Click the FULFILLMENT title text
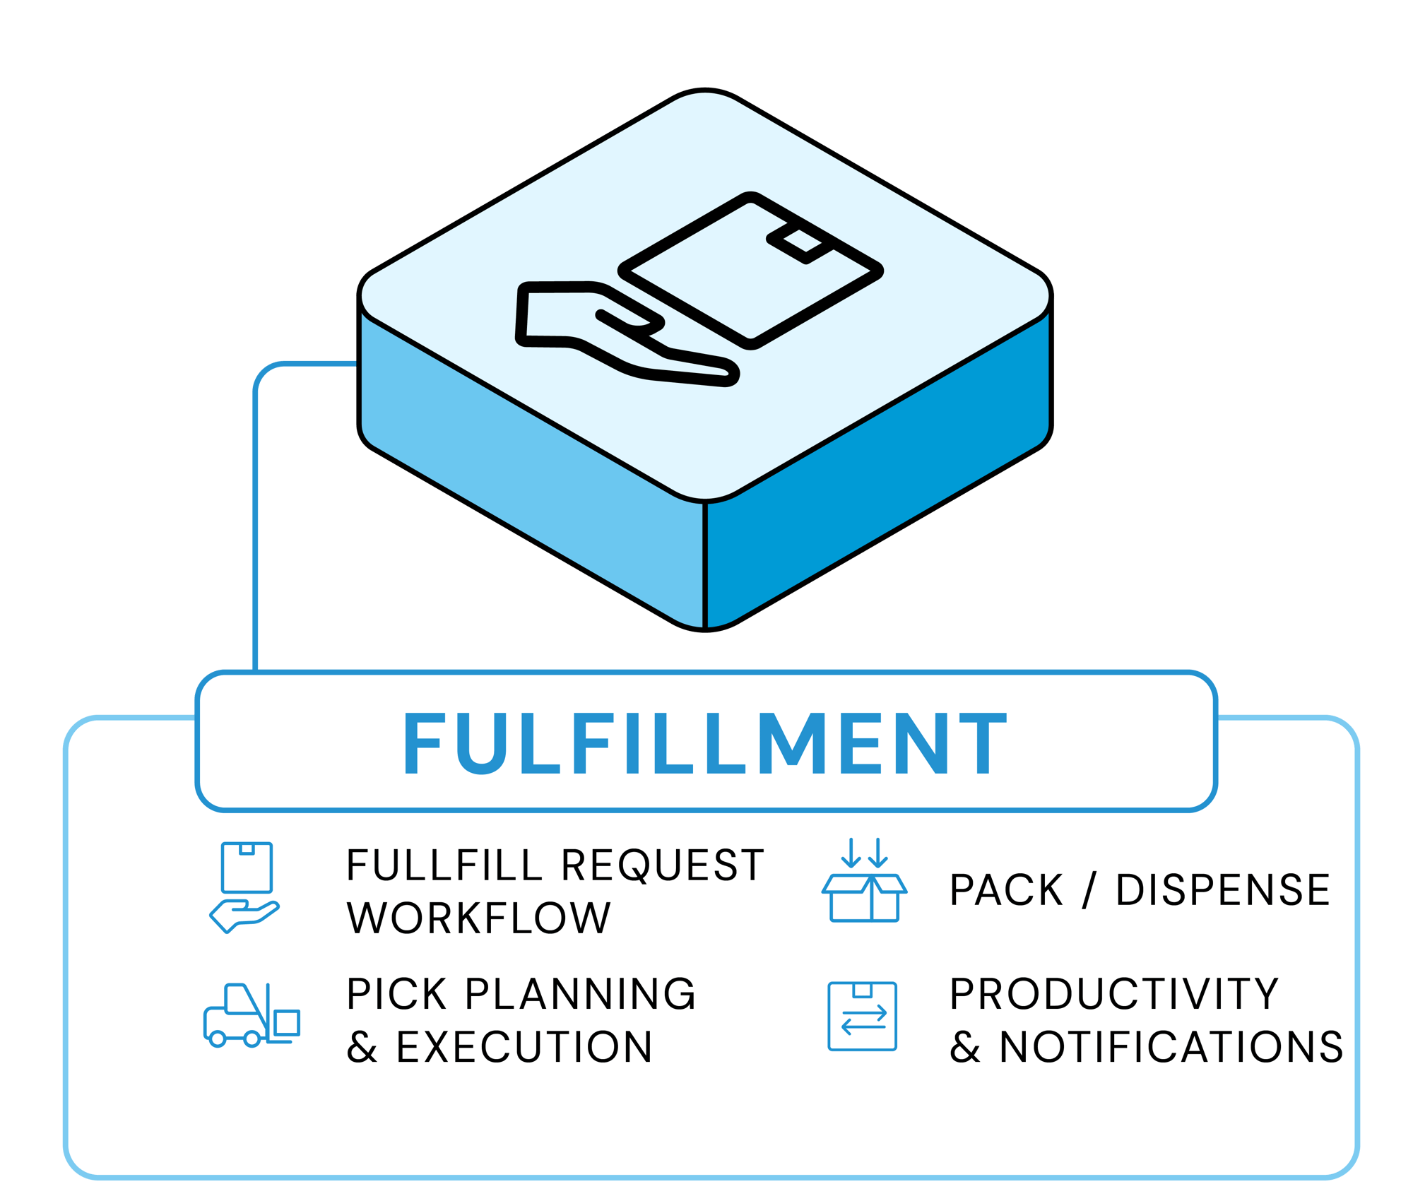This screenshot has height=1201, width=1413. tap(705, 743)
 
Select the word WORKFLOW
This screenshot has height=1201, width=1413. tap(478, 918)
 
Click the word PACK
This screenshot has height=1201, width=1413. tap(1006, 890)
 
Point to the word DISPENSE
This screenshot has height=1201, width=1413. tap(1222, 890)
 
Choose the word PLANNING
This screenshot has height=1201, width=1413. tap(580, 995)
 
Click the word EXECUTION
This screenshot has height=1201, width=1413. tap(524, 1047)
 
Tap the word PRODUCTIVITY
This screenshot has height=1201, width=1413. tap(1114, 995)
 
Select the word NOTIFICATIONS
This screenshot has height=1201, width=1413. tap(1171, 1047)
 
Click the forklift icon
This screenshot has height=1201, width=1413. tap(252, 1015)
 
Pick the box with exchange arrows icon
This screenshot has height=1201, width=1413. tap(862, 1016)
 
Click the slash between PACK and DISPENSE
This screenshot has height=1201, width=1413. tap(1089, 890)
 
